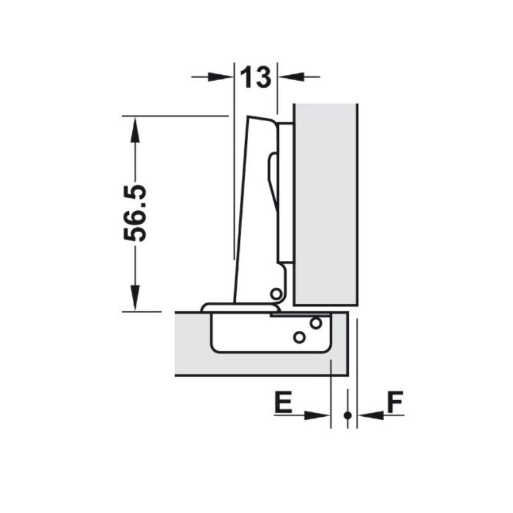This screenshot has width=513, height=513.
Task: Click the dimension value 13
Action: [x=256, y=77]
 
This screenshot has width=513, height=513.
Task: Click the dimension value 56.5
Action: [x=135, y=213]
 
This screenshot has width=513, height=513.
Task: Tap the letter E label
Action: [x=283, y=402]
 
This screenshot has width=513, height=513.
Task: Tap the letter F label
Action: [x=395, y=402]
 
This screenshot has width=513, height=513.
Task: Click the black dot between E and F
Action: [x=348, y=416]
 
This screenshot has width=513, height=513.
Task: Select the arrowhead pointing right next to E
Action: [x=317, y=416]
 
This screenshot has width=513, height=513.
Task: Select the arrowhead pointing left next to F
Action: [x=371, y=416]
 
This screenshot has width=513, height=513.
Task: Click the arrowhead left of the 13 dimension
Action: [x=221, y=77]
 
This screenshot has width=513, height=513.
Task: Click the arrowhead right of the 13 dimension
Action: [x=291, y=77]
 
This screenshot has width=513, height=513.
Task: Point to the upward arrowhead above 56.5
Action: [x=135, y=130]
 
